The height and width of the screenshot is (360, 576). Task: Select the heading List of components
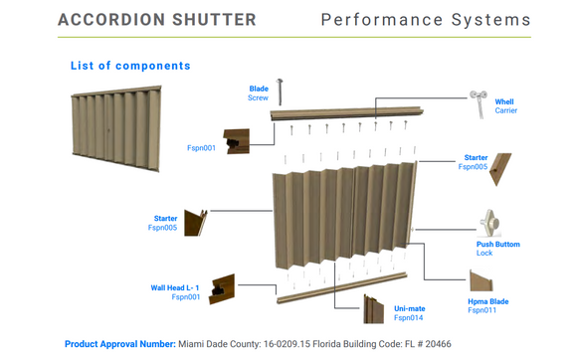pos(130,66)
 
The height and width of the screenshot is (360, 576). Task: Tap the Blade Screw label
pos(259,93)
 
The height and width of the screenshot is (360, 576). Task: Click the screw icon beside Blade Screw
pos(282,90)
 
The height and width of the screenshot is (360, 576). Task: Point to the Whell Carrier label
pos(504,105)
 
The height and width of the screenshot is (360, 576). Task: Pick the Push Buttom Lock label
pos(497,249)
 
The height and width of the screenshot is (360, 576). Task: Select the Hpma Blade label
pos(488,304)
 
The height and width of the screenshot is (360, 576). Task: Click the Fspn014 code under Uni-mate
pos(408,318)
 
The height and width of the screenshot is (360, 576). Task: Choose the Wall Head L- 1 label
pos(175,288)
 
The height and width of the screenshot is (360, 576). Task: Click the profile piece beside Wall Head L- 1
pos(222,289)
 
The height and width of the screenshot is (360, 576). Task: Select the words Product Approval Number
pos(119,344)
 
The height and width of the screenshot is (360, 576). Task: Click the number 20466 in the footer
pos(433,344)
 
